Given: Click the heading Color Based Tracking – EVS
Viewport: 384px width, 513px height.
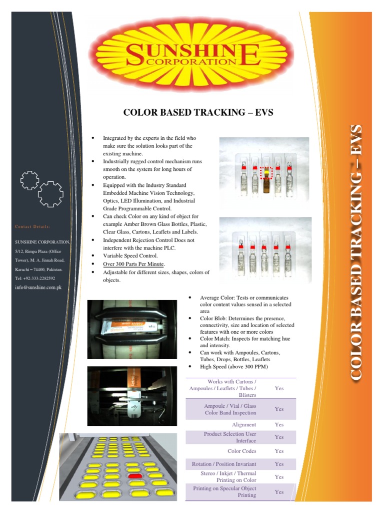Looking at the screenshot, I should click(198, 112).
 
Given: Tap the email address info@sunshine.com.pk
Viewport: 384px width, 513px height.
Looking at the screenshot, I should click(38, 288).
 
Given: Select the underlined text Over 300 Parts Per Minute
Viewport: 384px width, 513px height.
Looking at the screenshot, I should click(133, 264).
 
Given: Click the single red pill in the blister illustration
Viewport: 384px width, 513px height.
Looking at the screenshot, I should click(134, 475).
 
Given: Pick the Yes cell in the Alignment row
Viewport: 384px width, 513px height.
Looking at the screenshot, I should click(279, 425).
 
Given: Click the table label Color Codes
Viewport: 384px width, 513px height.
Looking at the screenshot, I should click(241, 451).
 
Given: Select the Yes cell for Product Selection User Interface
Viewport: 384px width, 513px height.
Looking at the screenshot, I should click(279, 437).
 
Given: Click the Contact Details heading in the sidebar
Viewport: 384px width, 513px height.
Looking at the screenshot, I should click(32, 227).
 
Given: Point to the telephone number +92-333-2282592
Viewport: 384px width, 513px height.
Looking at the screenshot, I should click(35, 278).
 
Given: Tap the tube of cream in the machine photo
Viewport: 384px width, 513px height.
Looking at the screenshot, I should click(131, 326).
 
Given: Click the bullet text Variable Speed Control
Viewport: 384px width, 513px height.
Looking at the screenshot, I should click(130, 256).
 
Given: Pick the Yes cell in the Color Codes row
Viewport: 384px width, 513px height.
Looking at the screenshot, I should click(279, 451).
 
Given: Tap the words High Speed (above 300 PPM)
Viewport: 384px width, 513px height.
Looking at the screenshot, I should click(233, 367).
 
